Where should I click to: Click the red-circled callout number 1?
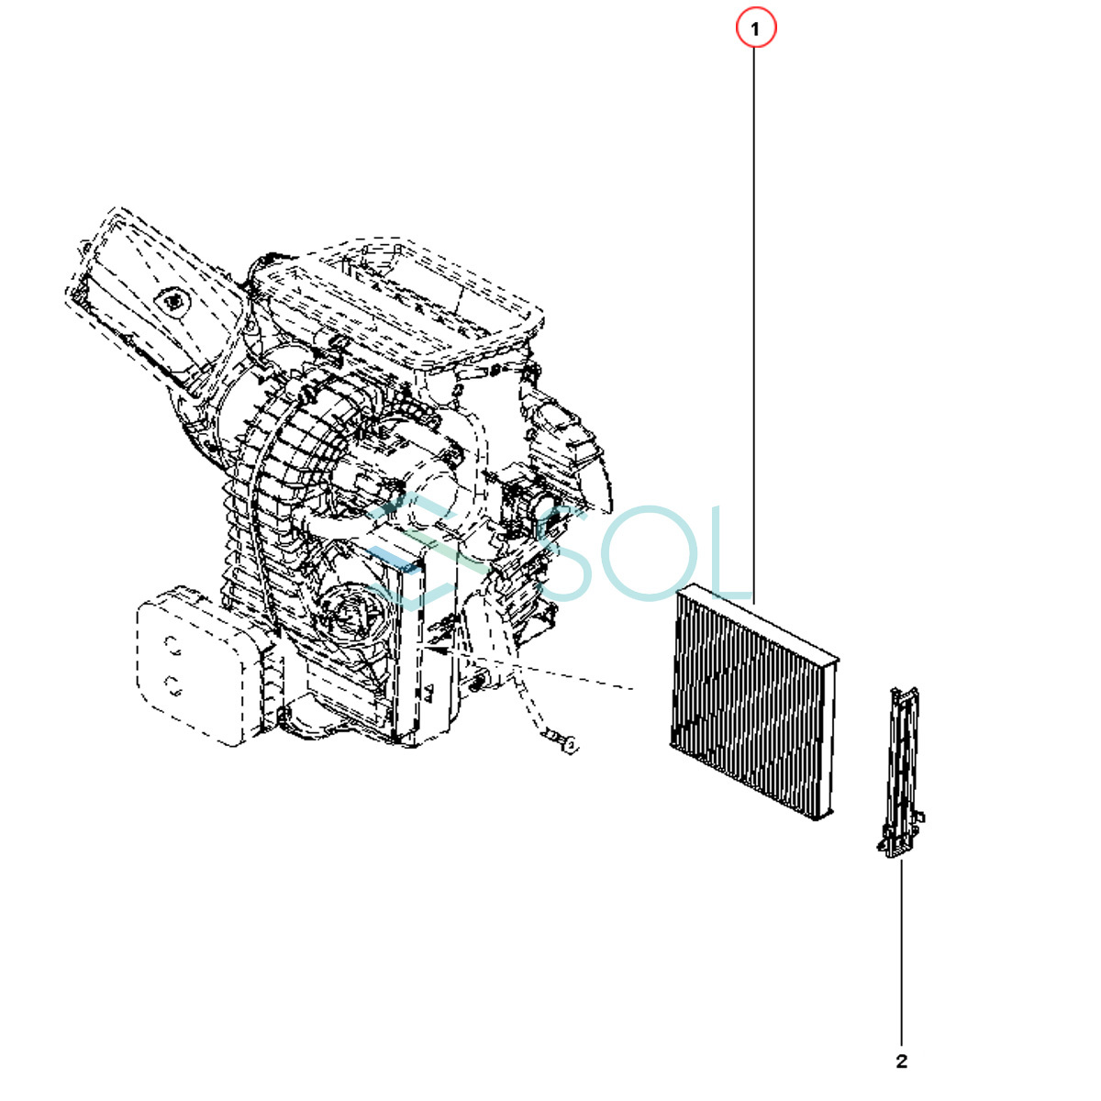[x=755, y=29]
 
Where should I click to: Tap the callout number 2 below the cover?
[x=901, y=1062]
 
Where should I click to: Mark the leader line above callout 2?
[x=901, y=954]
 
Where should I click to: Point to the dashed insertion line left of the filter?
[x=550, y=670]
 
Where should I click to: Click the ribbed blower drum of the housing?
[x=275, y=514]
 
